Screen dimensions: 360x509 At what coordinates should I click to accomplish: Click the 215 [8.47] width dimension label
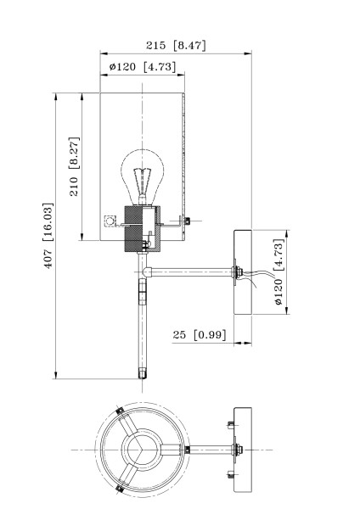point(176,45)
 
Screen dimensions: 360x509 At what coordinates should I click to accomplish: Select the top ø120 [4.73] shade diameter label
point(143,67)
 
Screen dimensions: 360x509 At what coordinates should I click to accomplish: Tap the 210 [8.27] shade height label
point(74,167)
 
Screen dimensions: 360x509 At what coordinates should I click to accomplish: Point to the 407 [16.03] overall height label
point(48,236)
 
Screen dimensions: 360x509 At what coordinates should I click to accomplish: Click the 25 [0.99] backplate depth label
point(200,335)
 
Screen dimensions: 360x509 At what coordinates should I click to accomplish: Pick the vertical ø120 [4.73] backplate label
point(279,272)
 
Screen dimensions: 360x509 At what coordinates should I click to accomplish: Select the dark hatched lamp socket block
point(133,228)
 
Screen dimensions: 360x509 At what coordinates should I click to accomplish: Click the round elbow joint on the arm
point(148,271)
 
